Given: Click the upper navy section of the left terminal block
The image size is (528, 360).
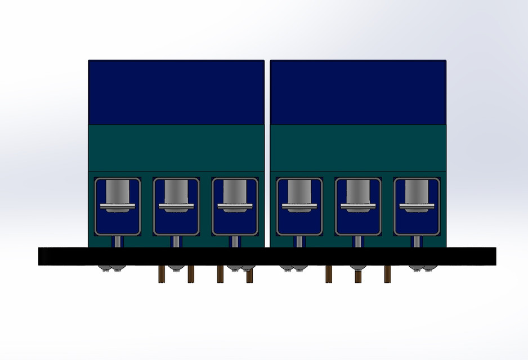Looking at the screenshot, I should click(x=176, y=92).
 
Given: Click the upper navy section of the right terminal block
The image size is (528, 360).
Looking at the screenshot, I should click(x=358, y=92).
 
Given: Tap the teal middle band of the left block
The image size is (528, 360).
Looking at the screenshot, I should click(x=176, y=147).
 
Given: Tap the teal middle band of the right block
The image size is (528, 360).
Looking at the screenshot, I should click(x=358, y=147).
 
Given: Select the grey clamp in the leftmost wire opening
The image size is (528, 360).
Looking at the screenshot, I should click(x=118, y=193).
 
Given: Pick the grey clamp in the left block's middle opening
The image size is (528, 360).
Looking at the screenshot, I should click(x=176, y=193).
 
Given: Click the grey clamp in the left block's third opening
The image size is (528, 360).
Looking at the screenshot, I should click(x=235, y=193).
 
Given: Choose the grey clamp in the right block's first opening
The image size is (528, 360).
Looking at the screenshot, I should click(x=299, y=193).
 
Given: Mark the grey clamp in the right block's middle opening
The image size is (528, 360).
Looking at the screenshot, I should click(x=358, y=193).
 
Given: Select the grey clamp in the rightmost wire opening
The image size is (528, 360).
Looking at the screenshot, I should click(x=417, y=193).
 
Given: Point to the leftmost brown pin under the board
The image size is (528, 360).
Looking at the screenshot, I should click(x=162, y=274).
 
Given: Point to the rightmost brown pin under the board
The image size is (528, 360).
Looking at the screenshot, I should click(x=387, y=274).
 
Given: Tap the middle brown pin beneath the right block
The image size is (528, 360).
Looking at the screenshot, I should click(x=357, y=276).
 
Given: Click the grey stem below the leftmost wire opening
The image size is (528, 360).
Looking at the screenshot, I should click(x=118, y=241).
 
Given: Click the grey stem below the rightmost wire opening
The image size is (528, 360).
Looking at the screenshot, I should click(x=417, y=241).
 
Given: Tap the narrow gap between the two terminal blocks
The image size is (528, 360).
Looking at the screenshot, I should click(x=267, y=152).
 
